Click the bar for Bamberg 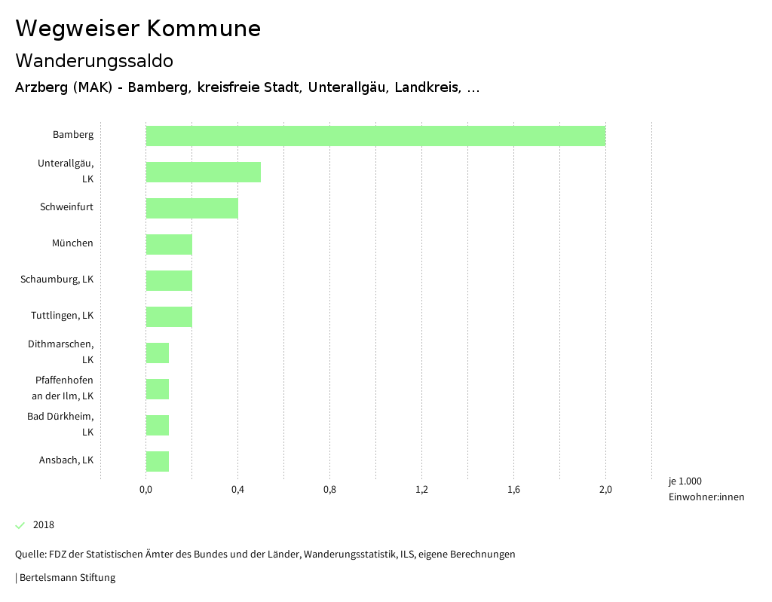(375, 136)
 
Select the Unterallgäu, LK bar (203, 172)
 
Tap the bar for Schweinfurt (191, 208)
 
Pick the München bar (169, 244)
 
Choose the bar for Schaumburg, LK (169, 280)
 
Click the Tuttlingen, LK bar (169, 316)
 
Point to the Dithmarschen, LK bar (157, 353)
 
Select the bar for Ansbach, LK (157, 461)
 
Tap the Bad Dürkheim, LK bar (157, 425)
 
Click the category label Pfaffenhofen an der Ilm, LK (64, 388)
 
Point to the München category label (72, 243)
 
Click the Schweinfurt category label (66, 207)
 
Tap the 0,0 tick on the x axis (146, 490)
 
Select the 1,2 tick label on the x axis (421, 490)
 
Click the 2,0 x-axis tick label (605, 490)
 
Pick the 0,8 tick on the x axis (329, 490)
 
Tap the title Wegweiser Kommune (138, 29)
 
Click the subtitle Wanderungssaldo (94, 60)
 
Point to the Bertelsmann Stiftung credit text (66, 578)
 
